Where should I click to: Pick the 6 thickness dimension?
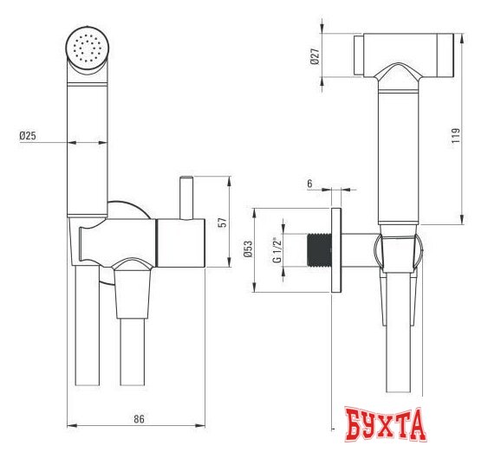[x=309, y=184]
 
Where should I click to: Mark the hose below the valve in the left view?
[x=132, y=346]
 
